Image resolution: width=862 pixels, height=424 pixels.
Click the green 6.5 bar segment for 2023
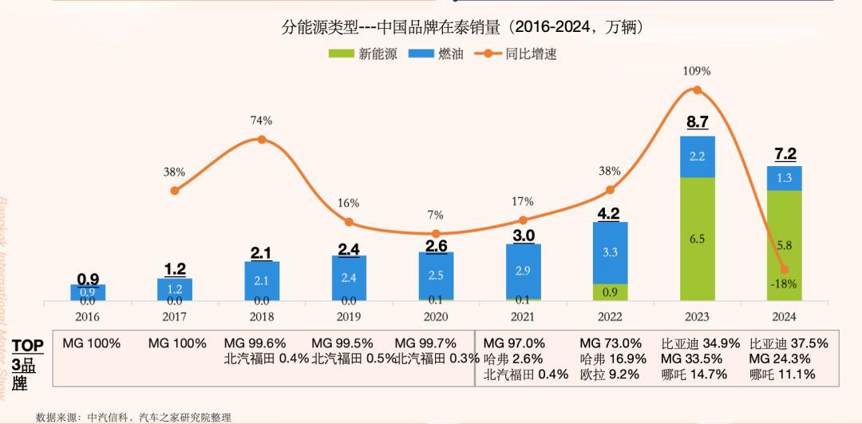click(697, 239)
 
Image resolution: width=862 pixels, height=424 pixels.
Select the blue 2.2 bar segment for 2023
click(697, 157)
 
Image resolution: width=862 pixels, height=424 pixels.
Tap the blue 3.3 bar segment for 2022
click(610, 252)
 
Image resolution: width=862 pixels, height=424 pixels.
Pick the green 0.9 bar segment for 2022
click(610, 292)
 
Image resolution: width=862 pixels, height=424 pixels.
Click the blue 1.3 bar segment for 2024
click(784, 178)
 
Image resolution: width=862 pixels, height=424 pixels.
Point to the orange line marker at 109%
click(697, 90)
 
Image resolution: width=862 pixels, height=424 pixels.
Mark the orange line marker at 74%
click(261, 140)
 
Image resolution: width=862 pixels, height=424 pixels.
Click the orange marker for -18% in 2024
click(784, 269)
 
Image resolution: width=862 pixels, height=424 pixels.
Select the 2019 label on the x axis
click(348, 316)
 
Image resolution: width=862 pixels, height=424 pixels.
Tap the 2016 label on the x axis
click(87, 316)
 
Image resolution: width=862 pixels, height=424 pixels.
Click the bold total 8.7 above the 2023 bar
click(697, 122)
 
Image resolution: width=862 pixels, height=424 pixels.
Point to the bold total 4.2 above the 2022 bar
click(610, 213)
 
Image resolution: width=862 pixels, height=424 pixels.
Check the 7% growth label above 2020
click(436, 215)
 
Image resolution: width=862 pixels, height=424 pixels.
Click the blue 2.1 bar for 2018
click(261, 280)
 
